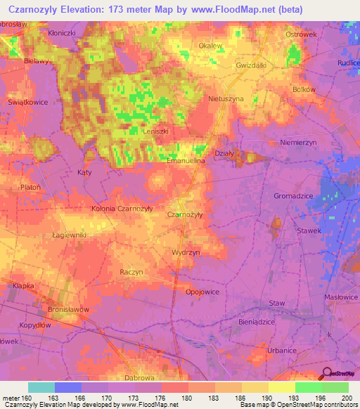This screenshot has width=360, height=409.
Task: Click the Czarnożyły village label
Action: (186, 214)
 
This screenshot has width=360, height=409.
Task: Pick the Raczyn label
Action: (131, 272)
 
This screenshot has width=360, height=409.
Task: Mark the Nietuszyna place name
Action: (226, 99)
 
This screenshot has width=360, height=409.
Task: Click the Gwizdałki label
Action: (251, 64)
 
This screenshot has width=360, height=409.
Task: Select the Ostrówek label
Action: (302, 34)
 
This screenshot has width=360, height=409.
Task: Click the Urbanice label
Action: (284, 349)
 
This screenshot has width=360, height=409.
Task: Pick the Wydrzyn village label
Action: (186, 251)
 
